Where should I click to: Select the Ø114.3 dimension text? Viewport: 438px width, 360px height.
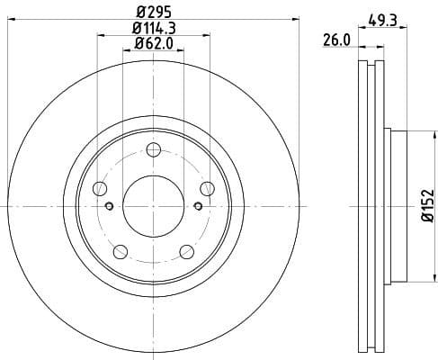[x=153, y=28]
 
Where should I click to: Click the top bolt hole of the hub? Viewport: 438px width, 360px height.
[x=153, y=149]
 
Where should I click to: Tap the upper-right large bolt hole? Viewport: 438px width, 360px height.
[x=207, y=188]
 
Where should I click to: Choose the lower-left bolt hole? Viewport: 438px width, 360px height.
[x=120, y=251]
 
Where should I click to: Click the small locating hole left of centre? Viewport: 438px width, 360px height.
[x=109, y=207]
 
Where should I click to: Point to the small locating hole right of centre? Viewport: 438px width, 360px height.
[x=197, y=207]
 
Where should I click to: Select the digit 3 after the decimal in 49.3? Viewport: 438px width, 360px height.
[x=395, y=17]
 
